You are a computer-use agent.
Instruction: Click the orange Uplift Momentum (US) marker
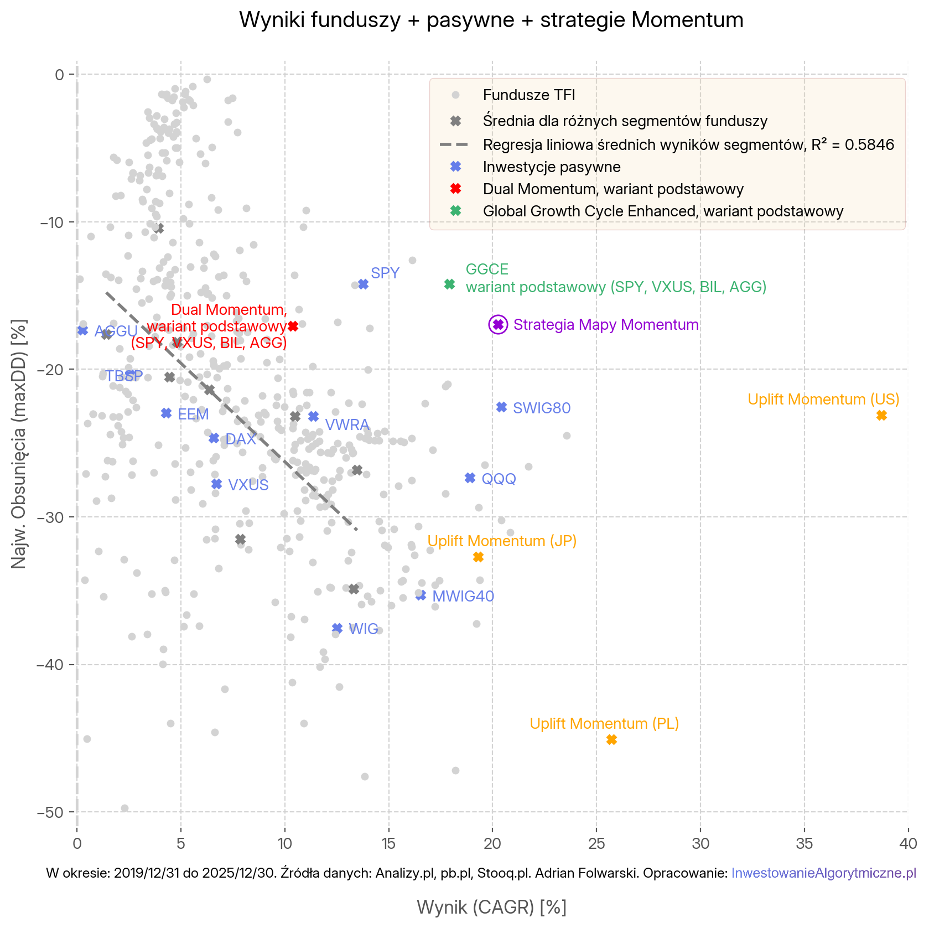[881, 416]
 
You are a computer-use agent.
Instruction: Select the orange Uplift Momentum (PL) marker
[611, 740]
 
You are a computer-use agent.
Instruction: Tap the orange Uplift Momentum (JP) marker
[479, 557]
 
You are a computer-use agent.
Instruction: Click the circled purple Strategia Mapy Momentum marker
[498, 325]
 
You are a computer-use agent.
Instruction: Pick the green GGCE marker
[450, 284]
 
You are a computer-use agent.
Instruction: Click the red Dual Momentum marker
[293, 326]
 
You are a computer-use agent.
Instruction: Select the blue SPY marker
[363, 284]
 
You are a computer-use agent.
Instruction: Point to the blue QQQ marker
[470, 478]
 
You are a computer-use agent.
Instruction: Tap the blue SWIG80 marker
[502, 407]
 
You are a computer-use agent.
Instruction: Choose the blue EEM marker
[167, 413]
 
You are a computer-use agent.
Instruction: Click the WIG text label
[364, 629]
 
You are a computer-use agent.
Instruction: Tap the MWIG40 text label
[463, 597]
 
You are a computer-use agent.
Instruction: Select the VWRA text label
[347, 425]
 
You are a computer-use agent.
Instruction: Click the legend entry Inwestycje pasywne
[551, 167]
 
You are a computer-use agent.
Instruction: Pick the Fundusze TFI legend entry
[528, 95]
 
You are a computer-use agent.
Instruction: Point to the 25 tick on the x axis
[596, 844]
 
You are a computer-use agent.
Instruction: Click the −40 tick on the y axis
[50, 665]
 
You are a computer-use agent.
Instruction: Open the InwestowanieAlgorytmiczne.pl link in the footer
[823, 873]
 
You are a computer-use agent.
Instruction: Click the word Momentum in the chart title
[688, 20]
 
